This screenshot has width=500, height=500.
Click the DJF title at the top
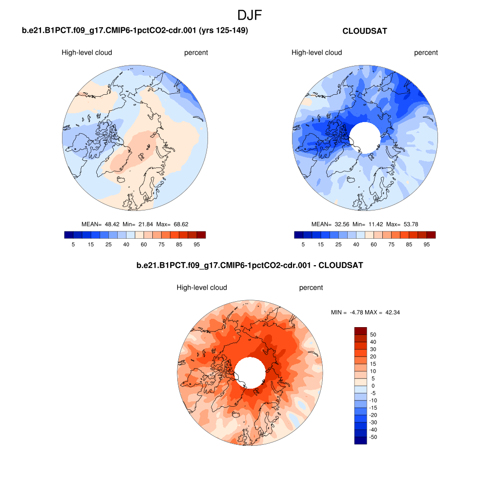[250, 16]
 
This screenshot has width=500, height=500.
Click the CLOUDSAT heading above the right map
[365, 31]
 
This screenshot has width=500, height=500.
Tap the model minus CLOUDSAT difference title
[250, 266]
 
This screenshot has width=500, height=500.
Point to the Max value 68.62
[181, 224]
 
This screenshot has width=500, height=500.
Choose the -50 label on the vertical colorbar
[374, 437]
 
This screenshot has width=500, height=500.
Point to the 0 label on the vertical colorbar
[374, 386]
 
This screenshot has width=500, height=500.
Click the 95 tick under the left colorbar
[196, 244]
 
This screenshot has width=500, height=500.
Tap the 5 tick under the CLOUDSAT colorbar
[303, 244]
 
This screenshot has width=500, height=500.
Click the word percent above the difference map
[311, 288]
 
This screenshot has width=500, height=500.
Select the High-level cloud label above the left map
[87, 53]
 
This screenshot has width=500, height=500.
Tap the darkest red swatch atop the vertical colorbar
[360, 331]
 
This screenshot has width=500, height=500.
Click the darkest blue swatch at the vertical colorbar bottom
[360, 440]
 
